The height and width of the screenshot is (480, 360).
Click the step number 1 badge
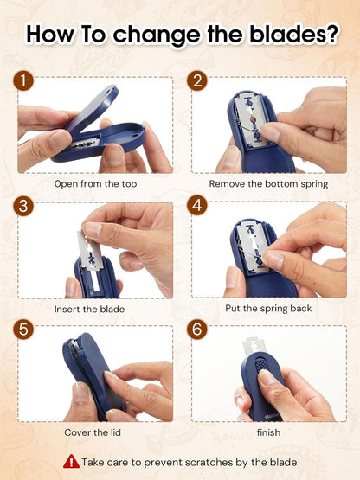[x=27, y=83]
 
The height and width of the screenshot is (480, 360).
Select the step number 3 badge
[x=27, y=208]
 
